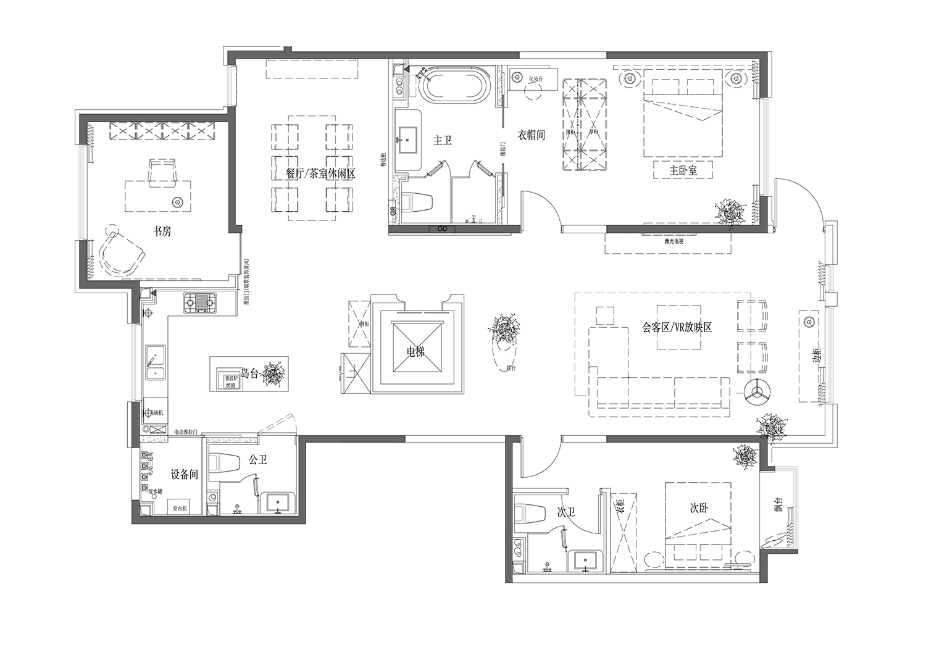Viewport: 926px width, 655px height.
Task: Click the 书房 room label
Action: [x=162, y=232]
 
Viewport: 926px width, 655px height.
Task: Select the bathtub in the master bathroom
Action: [x=455, y=86]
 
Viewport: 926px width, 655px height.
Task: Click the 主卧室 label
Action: [x=683, y=170]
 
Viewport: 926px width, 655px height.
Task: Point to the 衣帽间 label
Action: [x=531, y=135]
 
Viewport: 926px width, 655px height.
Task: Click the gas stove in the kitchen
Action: [x=201, y=302]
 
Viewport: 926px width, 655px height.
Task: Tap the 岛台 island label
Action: [x=249, y=373]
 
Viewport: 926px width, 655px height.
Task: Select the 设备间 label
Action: [x=184, y=475]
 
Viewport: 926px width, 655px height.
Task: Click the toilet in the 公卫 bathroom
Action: [x=223, y=464]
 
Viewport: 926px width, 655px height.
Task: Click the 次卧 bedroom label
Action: [x=699, y=508]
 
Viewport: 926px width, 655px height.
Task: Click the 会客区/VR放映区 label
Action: [x=677, y=327]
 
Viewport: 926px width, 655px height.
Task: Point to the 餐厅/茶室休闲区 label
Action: [x=320, y=174]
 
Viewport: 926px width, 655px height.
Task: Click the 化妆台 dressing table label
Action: [x=535, y=79]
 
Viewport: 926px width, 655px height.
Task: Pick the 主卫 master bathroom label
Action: [x=442, y=141]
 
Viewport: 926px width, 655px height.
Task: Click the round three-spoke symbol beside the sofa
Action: [x=754, y=391]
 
